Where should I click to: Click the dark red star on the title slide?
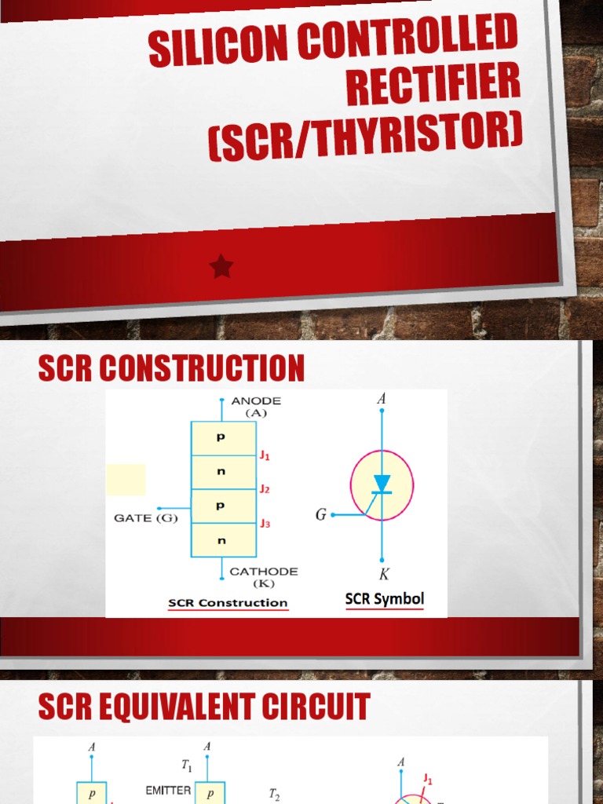point(221,267)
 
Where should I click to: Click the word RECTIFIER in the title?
point(433,88)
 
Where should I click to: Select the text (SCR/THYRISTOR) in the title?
point(365,139)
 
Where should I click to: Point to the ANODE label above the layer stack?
point(255,400)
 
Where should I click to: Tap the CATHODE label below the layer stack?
point(263,572)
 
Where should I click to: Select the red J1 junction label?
point(265,455)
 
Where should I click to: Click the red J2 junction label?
point(265,489)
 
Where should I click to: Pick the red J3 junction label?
point(265,523)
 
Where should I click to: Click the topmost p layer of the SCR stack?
point(223,438)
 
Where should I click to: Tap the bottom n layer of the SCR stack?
point(223,540)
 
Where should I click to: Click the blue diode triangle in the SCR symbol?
point(382,483)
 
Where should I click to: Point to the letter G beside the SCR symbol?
point(321,515)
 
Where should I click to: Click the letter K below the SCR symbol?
point(383,575)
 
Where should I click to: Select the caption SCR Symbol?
point(385,599)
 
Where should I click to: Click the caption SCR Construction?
point(228,603)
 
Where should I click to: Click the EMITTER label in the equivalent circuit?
point(168,791)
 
